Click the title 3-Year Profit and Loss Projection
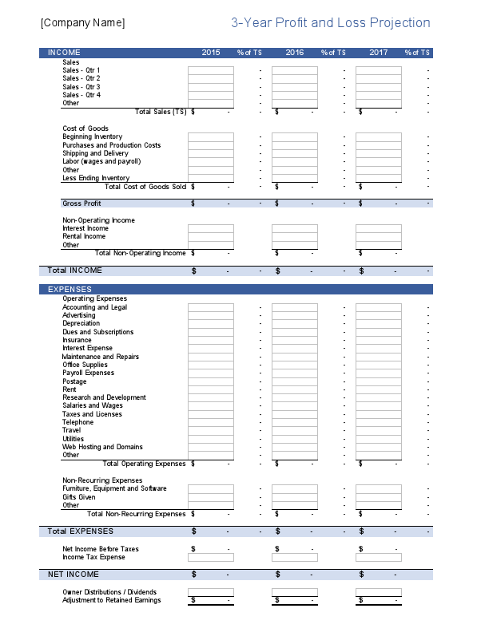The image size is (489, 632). (331, 23)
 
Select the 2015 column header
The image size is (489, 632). (211, 53)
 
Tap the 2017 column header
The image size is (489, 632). (379, 53)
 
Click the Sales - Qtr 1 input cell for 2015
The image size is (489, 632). (211, 70)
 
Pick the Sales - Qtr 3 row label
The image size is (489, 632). (81, 87)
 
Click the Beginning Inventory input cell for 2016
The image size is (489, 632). (295, 137)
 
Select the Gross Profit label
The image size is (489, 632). (81, 203)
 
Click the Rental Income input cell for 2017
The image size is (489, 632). (379, 237)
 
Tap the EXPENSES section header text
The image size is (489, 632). (70, 289)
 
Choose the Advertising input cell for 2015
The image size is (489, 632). (211, 315)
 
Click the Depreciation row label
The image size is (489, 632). (81, 323)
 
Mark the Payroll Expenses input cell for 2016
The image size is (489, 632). (295, 373)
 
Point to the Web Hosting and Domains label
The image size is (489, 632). (102, 447)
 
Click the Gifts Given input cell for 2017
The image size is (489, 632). (379, 497)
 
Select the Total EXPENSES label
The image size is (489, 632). (81, 531)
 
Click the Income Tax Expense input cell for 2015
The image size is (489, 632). (211, 557)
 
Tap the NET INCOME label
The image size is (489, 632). (74, 575)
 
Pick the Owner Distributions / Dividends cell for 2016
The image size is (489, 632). (295, 592)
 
